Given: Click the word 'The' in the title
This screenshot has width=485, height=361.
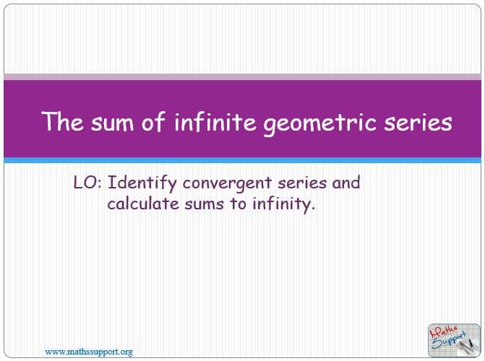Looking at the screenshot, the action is tap(62, 121).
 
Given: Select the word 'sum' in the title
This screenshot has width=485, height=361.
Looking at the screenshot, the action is tap(113, 123).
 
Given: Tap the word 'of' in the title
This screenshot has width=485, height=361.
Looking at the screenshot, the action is tap(153, 121).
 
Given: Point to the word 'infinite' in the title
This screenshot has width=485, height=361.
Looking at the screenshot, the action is tap(215, 121).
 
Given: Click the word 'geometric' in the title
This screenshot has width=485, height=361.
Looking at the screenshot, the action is tap(319, 123).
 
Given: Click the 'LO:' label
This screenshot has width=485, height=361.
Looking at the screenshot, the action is tap(87, 183).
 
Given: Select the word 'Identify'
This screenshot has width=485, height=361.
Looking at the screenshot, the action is tap(142, 183).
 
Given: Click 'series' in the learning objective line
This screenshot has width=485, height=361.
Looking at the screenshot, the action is tap(302, 183).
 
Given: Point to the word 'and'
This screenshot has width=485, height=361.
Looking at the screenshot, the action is tap(346, 183).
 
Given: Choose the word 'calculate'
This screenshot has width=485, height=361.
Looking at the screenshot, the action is tap(143, 204).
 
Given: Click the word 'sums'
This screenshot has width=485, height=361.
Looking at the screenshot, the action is tap(204, 204).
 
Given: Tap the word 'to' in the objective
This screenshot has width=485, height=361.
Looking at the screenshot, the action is tap(238, 204).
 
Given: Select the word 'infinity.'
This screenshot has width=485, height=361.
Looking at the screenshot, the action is tap(283, 205).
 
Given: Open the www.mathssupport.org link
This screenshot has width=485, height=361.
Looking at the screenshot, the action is tap(89, 352).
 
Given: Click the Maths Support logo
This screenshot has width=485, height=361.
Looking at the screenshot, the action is tap(454, 340).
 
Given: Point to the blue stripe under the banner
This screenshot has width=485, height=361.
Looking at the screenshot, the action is tap(243, 160).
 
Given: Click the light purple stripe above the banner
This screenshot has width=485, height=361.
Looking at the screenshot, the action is tap(243, 77).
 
